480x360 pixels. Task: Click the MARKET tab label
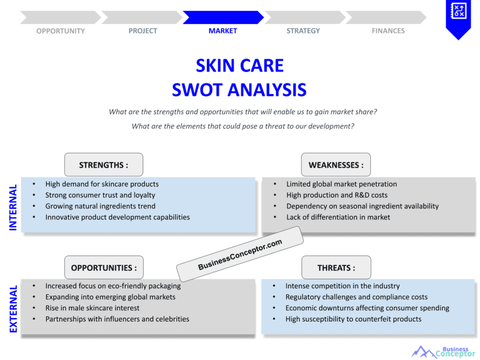coord(223,31)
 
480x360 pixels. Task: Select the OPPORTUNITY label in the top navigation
coord(60,31)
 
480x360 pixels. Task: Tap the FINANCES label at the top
coord(388,31)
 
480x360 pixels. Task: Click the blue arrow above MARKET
coord(223,17)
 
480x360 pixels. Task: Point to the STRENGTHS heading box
coord(104,165)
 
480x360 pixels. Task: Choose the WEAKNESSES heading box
coord(336,165)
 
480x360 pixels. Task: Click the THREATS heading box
coord(336,268)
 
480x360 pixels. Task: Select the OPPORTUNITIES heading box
coord(104,268)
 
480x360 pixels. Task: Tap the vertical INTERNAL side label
coord(13,207)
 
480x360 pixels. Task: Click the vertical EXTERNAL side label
coord(13,309)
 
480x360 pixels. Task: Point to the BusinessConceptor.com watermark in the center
coord(240,254)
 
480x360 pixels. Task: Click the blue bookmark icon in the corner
coord(458,18)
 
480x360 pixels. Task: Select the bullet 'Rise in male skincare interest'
coord(92,308)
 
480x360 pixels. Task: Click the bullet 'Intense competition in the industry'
coord(342,286)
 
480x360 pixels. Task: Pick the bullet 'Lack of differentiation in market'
coord(338,217)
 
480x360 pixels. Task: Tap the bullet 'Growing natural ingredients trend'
coord(100,206)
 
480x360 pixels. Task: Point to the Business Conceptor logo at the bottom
coord(443,352)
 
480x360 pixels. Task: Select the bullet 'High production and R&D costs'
coord(337,195)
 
